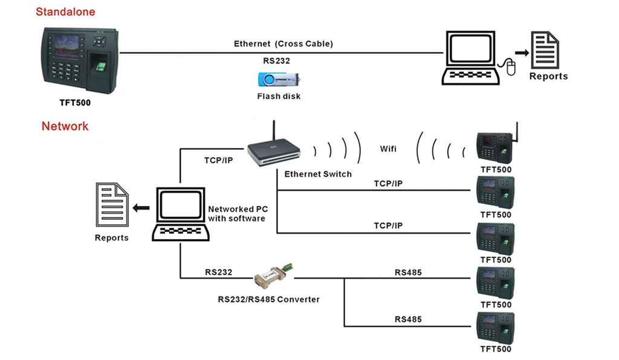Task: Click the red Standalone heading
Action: pos(65,11)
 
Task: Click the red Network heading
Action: pos(65,126)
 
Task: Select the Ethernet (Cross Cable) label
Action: pos(284,44)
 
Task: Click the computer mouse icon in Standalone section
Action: pos(510,67)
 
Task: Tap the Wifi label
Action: pos(388,149)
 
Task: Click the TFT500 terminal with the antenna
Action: pos(496,146)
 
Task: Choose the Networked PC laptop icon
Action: pos(180,214)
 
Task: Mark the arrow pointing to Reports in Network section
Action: pos(141,208)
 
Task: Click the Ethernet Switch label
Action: pos(318,174)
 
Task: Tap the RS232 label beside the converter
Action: pos(218,272)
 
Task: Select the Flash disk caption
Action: pos(279,96)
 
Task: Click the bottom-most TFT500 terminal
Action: pos(496,328)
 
